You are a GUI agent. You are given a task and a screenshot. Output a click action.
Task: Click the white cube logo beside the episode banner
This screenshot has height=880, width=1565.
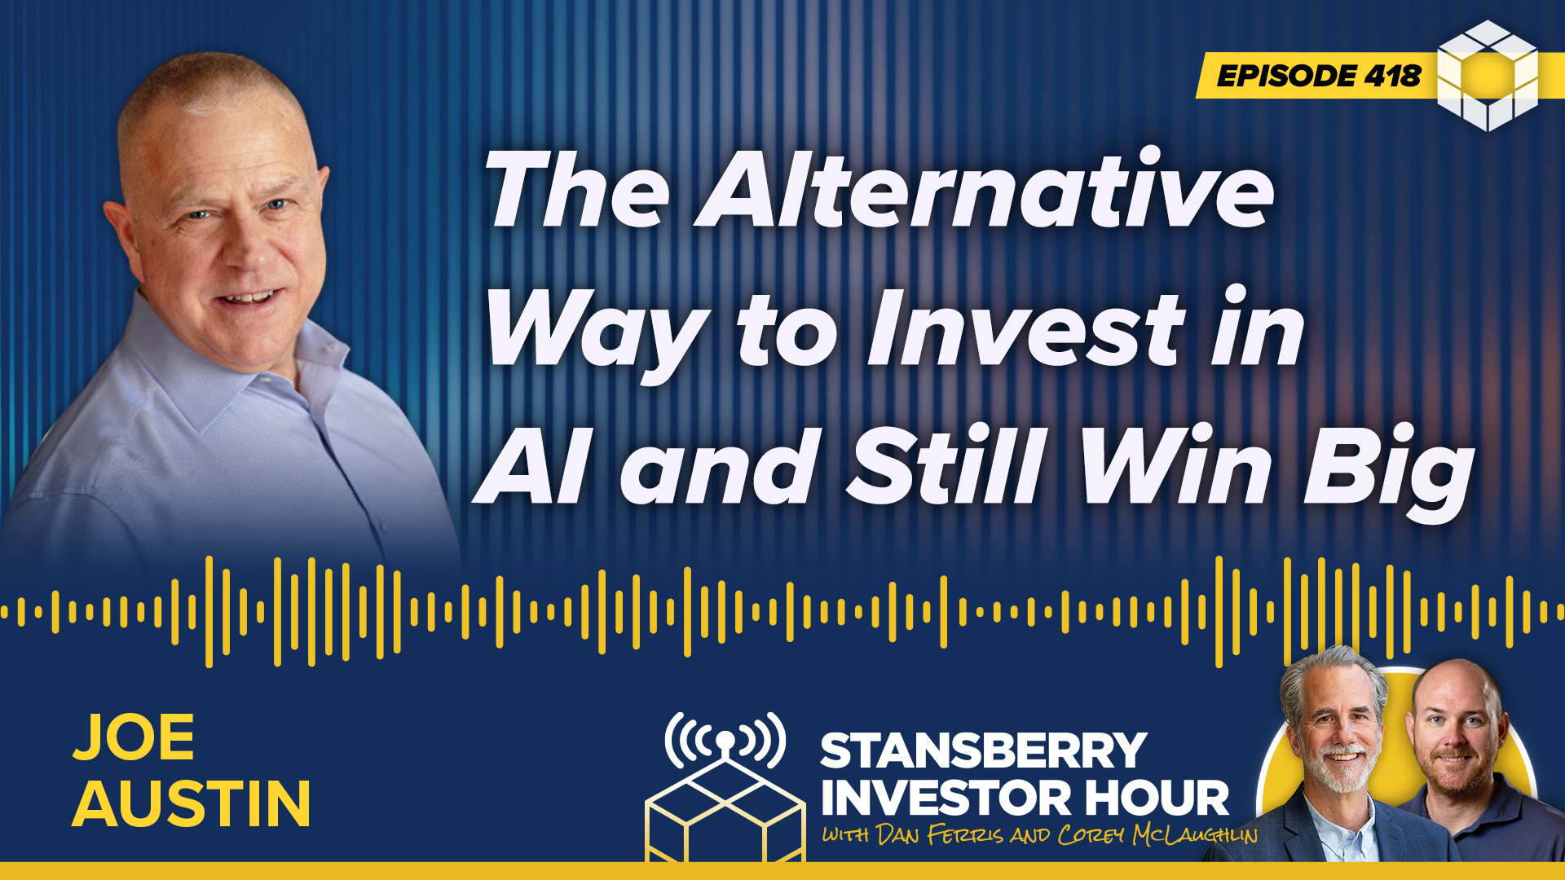pyautogui.click(x=1488, y=76)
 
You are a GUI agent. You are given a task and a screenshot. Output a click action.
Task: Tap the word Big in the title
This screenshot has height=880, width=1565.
pyautogui.click(x=1389, y=473)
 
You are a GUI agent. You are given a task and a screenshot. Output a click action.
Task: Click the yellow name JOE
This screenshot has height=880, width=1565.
pyautogui.click(x=134, y=737)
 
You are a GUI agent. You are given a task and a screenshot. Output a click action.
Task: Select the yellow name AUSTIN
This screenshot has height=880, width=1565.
pyautogui.click(x=192, y=803)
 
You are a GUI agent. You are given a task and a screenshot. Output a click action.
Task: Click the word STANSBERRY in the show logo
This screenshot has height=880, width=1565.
pyautogui.click(x=984, y=750)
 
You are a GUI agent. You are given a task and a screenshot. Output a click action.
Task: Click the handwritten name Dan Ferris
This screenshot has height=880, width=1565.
pyautogui.click(x=940, y=835)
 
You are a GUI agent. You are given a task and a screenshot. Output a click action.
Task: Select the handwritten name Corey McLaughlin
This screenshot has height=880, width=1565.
pyautogui.click(x=1157, y=835)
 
